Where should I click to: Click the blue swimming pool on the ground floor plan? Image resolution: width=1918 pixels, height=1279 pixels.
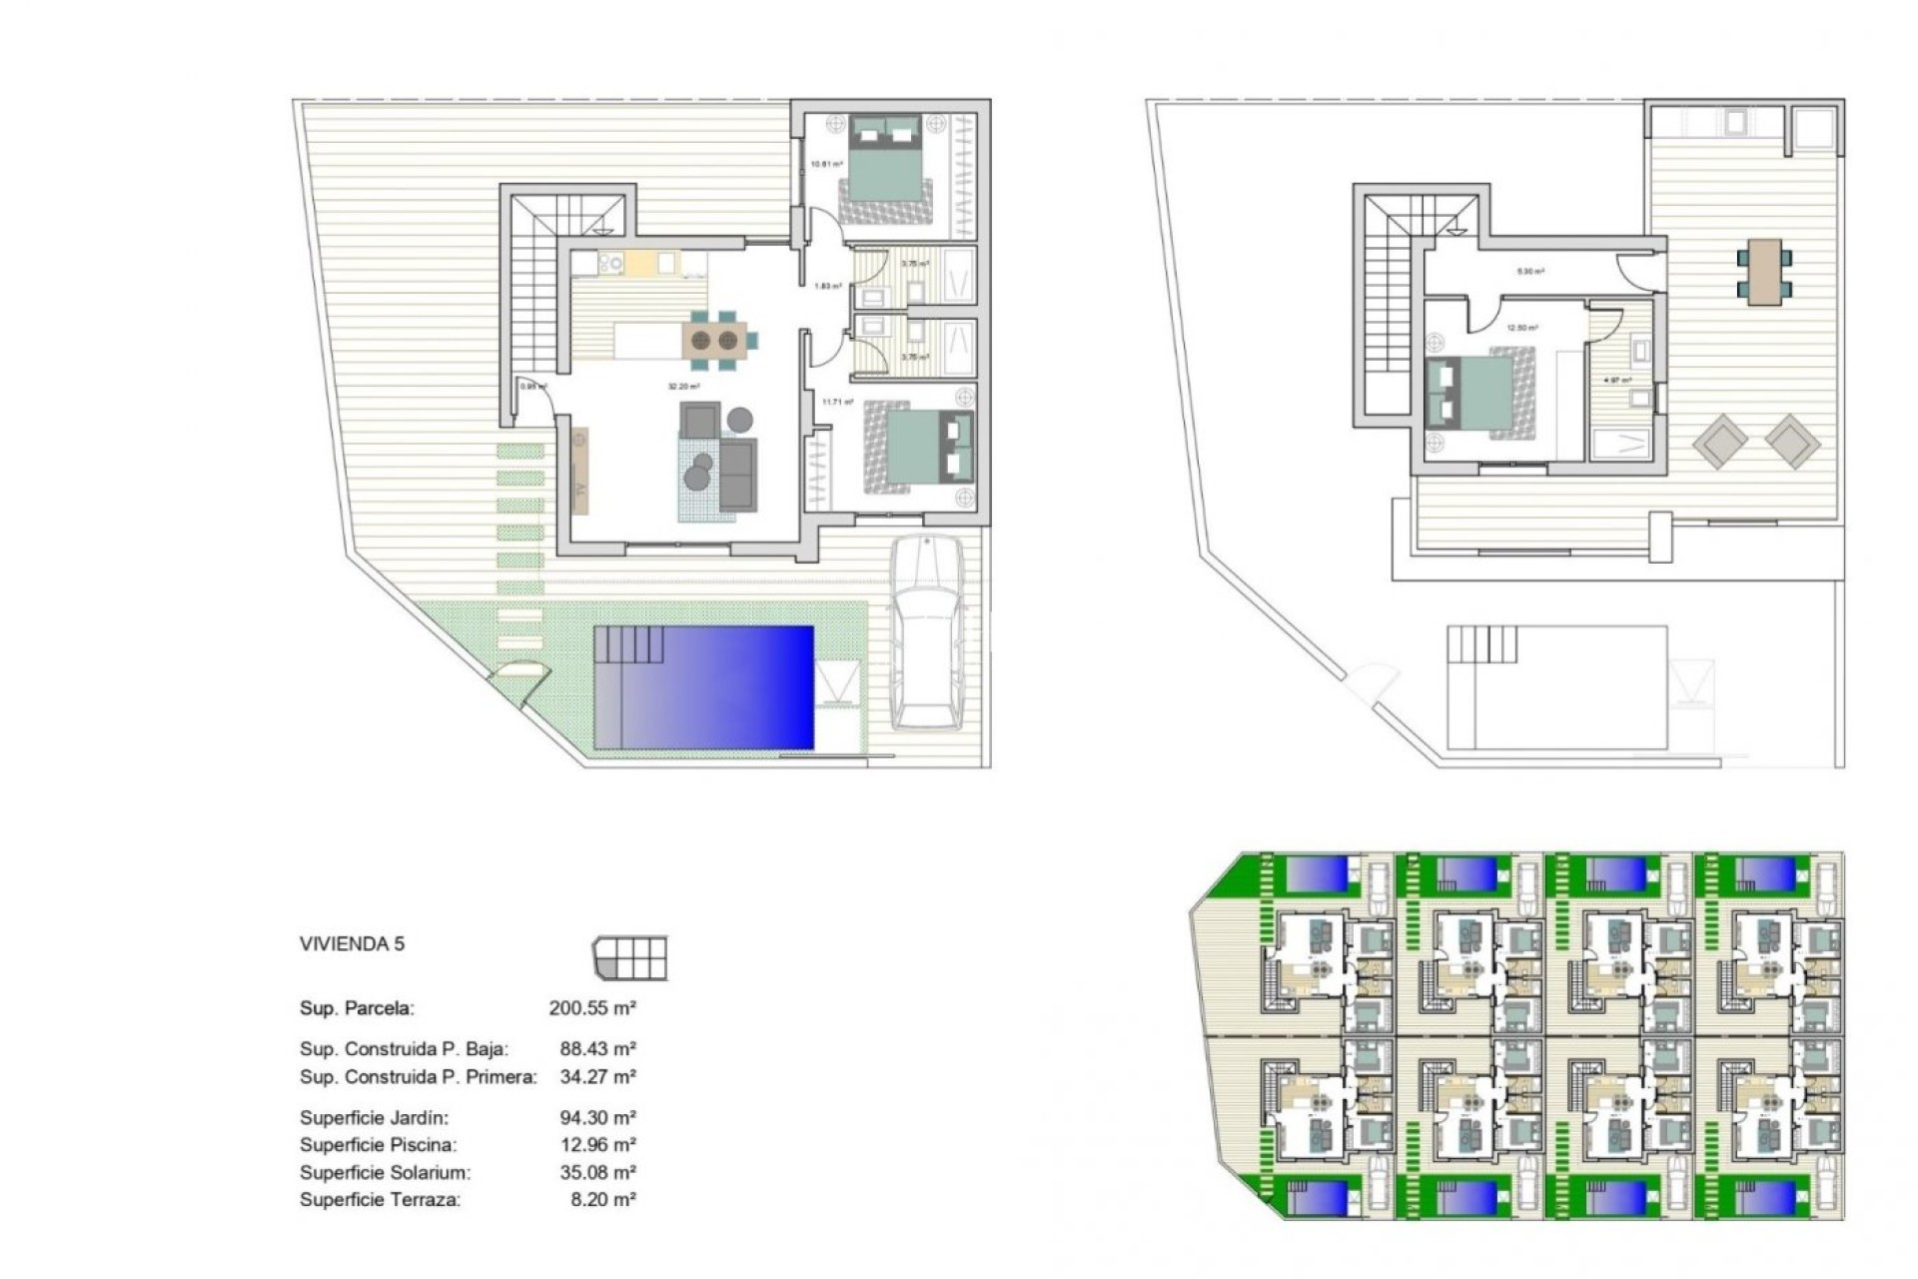click(x=704, y=687)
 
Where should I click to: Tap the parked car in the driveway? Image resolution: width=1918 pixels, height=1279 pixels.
click(x=928, y=632)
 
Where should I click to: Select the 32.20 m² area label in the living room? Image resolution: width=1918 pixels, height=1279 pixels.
click(x=683, y=387)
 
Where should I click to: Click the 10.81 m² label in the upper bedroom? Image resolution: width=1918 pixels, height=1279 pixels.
click(x=825, y=164)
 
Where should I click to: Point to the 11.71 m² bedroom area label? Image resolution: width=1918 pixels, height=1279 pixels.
click(x=837, y=403)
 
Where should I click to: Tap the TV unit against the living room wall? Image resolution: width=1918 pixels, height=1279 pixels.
click(x=579, y=471)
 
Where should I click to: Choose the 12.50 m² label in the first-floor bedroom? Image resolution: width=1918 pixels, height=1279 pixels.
click(x=1522, y=328)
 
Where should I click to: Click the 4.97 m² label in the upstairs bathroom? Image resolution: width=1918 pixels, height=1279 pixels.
click(x=1616, y=381)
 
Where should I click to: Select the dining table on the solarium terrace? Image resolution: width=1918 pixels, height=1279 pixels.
click(x=1764, y=271)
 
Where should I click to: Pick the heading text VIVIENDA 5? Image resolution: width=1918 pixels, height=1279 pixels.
click(x=352, y=944)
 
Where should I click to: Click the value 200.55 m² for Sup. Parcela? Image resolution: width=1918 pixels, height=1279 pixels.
click(x=592, y=1008)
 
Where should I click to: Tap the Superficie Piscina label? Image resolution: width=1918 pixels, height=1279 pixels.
click(x=378, y=1145)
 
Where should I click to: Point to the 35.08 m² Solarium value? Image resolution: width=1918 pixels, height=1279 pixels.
click(x=597, y=1172)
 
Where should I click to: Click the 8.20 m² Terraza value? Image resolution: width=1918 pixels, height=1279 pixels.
click(x=602, y=1199)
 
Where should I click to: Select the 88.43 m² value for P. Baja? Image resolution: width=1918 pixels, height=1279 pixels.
click(x=597, y=1049)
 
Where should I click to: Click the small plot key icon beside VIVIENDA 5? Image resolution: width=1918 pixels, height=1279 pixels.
click(x=630, y=959)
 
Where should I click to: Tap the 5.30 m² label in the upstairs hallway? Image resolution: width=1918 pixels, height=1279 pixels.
click(x=1530, y=272)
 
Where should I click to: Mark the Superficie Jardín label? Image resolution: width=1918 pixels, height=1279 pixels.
click(x=374, y=1118)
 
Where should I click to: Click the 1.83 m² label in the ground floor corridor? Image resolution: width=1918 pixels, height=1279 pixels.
click(x=827, y=287)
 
